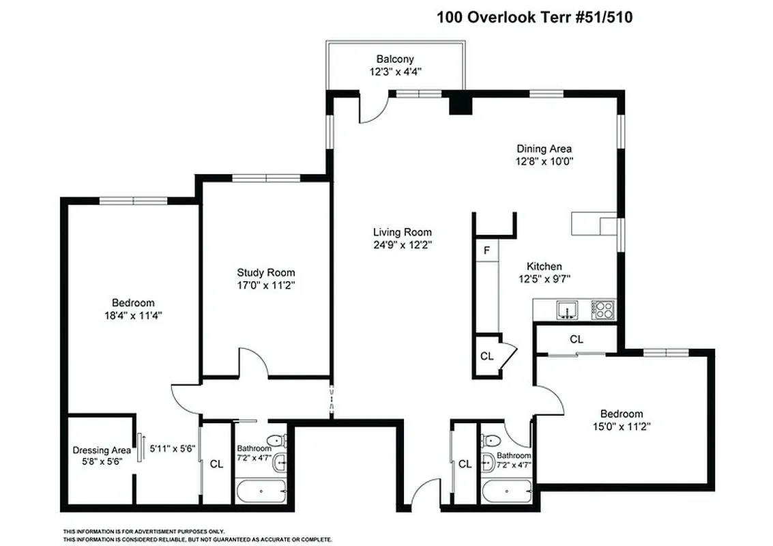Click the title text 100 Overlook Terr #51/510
tap(534, 17)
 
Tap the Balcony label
tap(395, 59)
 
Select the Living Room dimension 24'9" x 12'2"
tap(402, 244)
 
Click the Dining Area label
tap(544, 149)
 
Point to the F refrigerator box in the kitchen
tap(486, 250)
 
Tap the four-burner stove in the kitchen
tap(603, 311)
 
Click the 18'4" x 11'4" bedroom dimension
tap(133, 315)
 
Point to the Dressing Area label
tap(102, 450)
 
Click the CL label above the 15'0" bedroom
tap(577, 339)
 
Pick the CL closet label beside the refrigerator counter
tap(486, 356)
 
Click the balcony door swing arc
tap(374, 111)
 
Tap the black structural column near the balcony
tap(461, 104)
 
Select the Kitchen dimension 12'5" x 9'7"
tap(544, 278)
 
